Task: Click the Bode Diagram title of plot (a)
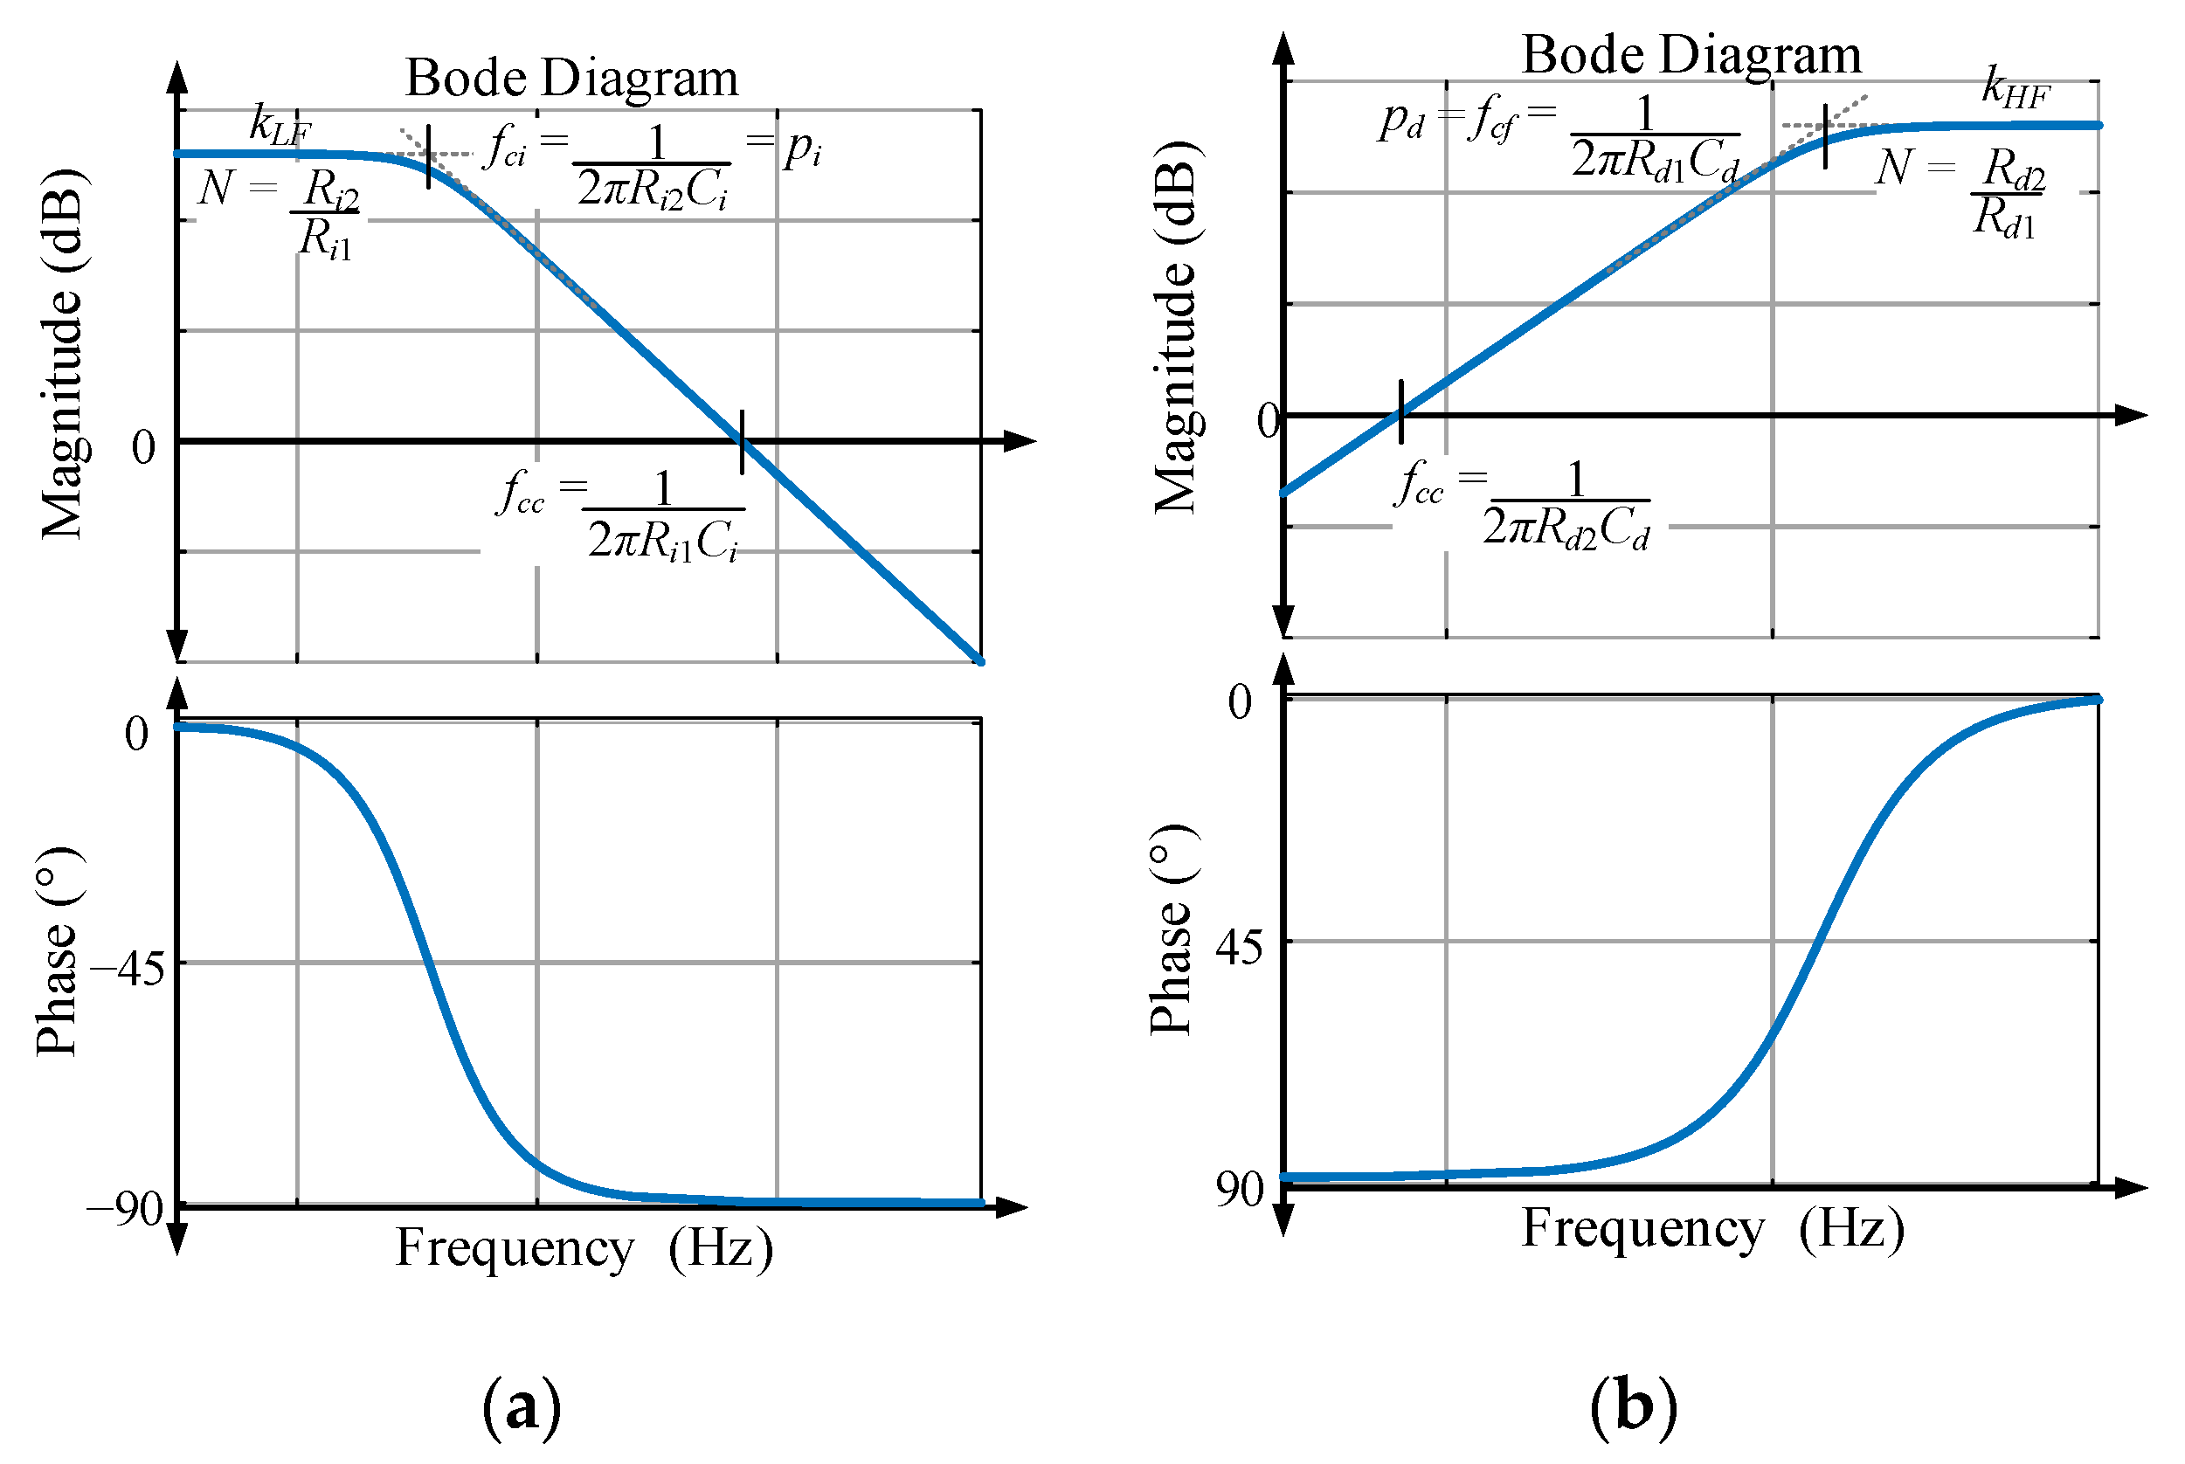[x=571, y=78]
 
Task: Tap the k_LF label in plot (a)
[x=280, y=125]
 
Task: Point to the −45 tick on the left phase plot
[x=128, y=969]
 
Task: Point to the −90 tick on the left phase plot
[x=125, y=1209]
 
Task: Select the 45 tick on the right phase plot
[x=1238, y=948]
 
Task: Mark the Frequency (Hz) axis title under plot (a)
[x=584, y=1248]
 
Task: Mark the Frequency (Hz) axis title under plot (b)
[x=1713, y=1228]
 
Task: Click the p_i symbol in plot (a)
[x=802, y=148]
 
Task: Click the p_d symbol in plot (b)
[x=1400, y=121]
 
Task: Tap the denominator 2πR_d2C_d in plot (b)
[x=1566, y=528]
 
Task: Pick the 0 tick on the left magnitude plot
[x=143, y=447]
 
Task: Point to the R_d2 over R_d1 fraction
[x=2008, y=193]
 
